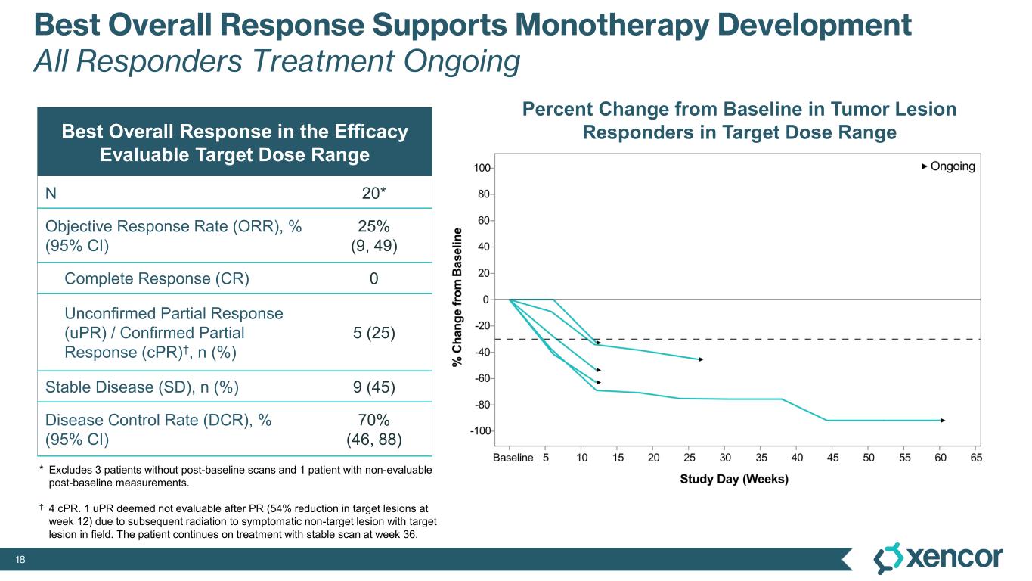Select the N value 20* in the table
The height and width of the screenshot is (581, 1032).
373,192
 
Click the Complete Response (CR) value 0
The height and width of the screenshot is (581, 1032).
373,278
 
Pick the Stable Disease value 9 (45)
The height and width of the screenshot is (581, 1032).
373,388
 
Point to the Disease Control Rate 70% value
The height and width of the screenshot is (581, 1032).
373,421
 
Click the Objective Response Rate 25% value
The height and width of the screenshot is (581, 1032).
373,225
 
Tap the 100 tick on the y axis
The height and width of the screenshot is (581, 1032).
482,167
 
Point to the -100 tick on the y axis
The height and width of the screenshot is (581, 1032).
479,431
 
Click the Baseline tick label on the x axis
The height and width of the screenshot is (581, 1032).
513,458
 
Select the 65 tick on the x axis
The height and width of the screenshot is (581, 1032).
976,458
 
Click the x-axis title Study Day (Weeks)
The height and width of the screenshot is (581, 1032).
733,479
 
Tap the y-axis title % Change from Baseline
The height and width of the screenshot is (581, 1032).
457,295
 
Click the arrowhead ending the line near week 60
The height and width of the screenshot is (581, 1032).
943,420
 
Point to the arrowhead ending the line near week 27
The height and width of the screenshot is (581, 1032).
701,359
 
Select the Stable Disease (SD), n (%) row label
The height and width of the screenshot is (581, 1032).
142,388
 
